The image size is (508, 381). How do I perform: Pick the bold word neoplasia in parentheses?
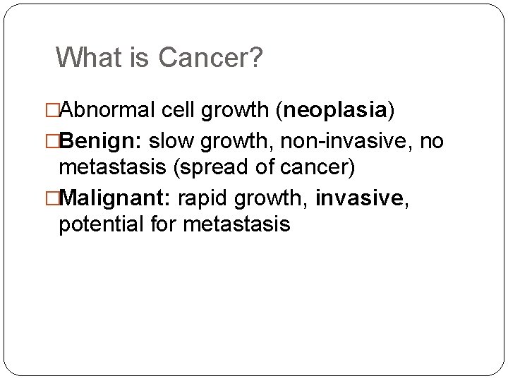coord(333,111)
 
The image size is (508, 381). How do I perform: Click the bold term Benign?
coord(102,142)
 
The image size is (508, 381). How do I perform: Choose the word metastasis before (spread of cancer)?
coord(113,168)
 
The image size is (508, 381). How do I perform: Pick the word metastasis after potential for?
coord(236,225)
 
